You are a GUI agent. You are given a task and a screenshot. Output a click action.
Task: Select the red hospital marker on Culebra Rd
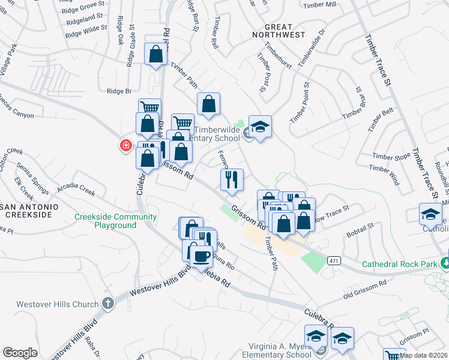[x=126, y=145]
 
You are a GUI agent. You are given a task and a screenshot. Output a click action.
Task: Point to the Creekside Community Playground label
[x=115, y=221]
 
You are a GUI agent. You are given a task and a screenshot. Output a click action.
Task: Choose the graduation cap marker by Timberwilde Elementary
[x=260, y=127]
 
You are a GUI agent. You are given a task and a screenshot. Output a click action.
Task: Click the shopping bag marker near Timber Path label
[x=155, y=55]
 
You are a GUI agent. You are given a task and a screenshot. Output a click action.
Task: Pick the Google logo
[x=20, y=352]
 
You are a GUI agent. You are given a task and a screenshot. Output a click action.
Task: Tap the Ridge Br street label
[x=119, y=91]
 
